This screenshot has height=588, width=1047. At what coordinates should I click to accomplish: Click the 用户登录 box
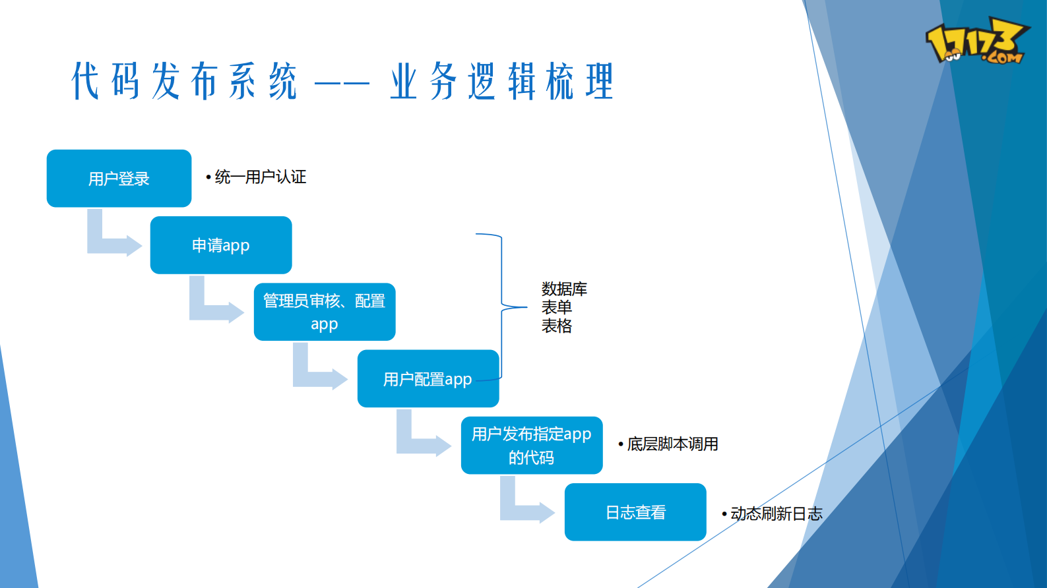click(x=119, y=179)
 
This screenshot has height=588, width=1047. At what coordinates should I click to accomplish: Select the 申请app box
click(x=221, y=245)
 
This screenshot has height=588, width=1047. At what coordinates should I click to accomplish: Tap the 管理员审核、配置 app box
click(x=325, y=312)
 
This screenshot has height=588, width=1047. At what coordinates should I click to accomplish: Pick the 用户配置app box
click(x=428, y=378)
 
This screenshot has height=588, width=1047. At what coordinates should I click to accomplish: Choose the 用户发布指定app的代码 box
click(x=532, y=445)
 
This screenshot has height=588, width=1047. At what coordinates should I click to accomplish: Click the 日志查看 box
click(x=635, y=512)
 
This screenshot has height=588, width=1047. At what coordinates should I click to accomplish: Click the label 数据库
click(x=564, y=289)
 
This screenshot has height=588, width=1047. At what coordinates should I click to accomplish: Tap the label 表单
click(x=557, y=307)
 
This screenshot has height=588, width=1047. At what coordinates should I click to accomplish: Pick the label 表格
click(x=557, y=326)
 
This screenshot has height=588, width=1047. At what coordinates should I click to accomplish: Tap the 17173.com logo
click(x=976, y=41)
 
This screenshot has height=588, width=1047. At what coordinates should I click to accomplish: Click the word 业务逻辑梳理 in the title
click(x=501, y=82)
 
